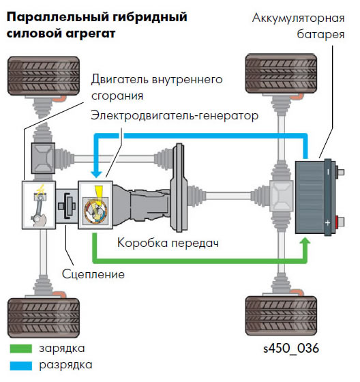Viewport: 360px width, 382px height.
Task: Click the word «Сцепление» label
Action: coord(93,274)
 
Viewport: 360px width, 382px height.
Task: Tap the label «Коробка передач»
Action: coord(168,243)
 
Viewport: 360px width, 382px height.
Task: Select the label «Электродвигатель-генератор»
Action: coord(175,115)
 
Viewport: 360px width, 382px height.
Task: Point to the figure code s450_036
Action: coord(291,348)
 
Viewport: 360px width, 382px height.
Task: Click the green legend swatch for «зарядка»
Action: coord(21,349)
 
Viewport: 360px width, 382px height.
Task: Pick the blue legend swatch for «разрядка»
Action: coord(21,366)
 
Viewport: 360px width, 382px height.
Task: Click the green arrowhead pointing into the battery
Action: coord(305,241)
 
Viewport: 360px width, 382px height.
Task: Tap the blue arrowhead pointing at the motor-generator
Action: coord(96,173)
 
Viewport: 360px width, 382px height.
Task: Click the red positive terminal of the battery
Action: coord(337,222)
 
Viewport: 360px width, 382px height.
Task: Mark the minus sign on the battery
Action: coord(328,172)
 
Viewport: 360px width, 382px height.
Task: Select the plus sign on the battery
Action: coord(328,222)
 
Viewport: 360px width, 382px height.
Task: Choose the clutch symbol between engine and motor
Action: coord(67,205)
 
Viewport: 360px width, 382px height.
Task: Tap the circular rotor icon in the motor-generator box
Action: coord(95,210)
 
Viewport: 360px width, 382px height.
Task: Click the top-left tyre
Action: coord(44,76)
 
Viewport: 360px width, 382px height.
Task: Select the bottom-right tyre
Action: coord(282,315)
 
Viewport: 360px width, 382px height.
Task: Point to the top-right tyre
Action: coord(282,74)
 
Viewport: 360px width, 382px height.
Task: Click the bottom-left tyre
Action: coord(44,318)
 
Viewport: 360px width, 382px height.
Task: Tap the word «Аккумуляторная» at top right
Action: coord(299,18)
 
